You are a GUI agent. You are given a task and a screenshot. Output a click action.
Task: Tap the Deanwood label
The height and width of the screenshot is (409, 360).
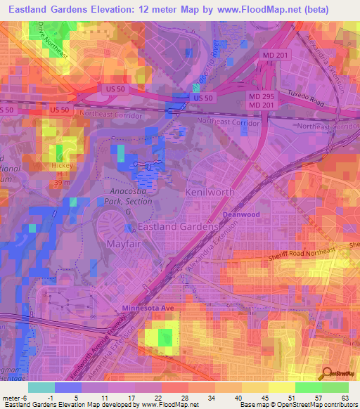click(x=241, y=214)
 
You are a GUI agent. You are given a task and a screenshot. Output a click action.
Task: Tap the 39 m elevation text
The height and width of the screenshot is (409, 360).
click(x=60, y=183)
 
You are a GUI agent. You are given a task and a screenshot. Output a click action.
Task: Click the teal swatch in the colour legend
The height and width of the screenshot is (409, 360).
click(x=41, y=387)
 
